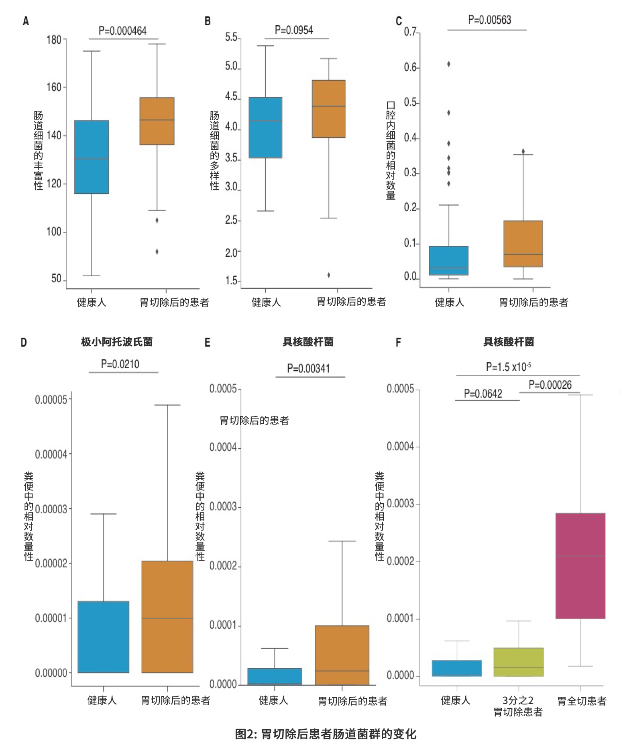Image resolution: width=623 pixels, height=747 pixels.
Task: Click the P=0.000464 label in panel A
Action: [122, 31]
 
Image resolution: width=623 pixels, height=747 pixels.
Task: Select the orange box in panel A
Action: [157, 121]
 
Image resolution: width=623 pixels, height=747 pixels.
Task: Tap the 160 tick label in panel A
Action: [54, 87]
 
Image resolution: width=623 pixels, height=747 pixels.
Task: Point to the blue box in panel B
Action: [265, 127]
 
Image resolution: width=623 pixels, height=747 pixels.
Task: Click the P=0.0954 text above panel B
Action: [294, 30]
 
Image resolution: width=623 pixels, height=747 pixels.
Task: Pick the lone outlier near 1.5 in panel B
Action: [329, 275]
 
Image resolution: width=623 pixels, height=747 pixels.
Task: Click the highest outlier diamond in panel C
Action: [449, 64]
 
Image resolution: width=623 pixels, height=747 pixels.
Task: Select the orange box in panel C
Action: [523, 243]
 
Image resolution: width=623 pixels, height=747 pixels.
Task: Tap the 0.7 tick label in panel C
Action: [411, 32]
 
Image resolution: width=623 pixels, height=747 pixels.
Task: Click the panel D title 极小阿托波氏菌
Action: [117, 342]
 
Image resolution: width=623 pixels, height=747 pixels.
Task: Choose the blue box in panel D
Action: [104, 637]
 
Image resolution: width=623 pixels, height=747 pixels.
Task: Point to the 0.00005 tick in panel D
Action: [51, 400]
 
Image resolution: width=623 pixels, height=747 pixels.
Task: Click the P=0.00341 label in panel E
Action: [308, 368]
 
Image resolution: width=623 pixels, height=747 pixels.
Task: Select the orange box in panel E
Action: [342, 655]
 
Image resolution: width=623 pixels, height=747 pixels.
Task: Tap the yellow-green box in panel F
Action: [518, 662]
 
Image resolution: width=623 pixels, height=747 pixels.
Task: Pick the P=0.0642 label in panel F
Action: [483, 394]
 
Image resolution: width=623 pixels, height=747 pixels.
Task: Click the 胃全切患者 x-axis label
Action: [582, 701]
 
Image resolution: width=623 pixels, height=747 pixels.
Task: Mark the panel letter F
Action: [398, 342]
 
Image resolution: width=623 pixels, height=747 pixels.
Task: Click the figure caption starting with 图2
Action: [326, 734]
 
